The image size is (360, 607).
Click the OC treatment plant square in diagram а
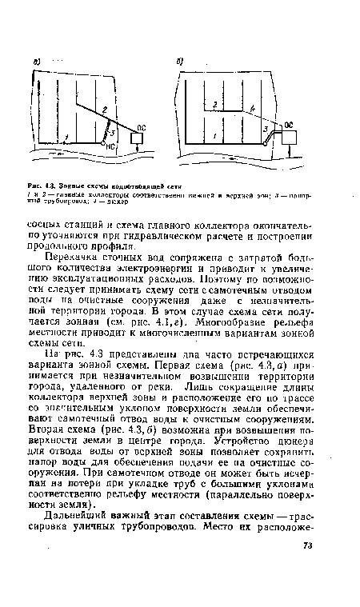coord(137,137)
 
